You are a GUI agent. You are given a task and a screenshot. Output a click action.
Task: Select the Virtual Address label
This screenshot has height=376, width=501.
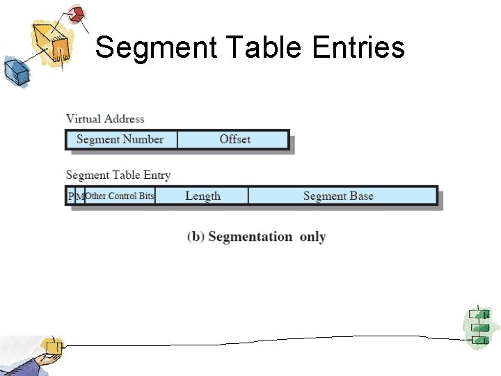click(105, 119)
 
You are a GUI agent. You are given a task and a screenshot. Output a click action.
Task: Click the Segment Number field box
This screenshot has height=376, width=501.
click(120, 139)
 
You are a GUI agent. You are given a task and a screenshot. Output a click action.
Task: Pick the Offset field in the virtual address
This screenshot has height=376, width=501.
click(234, 139)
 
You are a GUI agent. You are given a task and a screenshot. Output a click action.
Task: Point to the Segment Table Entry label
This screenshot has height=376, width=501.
click(118, 175)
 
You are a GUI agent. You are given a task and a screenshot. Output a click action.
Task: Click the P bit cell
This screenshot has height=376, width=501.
click(70, 196)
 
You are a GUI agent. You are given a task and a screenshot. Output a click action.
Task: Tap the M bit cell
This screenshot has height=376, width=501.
click(79, 196)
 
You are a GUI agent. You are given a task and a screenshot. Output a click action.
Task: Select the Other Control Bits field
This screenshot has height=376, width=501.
click(120, 196)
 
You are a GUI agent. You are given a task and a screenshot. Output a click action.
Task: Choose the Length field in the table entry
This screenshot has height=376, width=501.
click(202, 196)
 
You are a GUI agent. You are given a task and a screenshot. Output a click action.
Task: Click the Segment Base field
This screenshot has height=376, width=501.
click(339, 196)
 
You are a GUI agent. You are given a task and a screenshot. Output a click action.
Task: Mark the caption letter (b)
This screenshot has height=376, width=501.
click(196, 237)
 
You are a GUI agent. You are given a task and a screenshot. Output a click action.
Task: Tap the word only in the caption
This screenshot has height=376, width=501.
click(312, 237)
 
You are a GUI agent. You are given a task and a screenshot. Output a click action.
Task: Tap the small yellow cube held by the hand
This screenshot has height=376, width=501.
click(51, 345)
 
